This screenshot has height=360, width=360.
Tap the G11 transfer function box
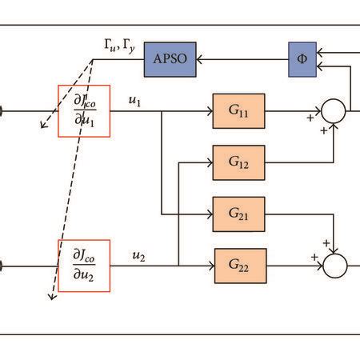click(238, 111)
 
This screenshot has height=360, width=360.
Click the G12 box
click(238, 162)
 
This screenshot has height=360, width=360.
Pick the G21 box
click(238, 213)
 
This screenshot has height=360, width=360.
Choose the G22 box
click(238, 263)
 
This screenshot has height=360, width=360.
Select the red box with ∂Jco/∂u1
click(85, 111)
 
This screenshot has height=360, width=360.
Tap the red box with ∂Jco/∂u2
click(85, 264)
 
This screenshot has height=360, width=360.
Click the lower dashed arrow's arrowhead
click(50, 297)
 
